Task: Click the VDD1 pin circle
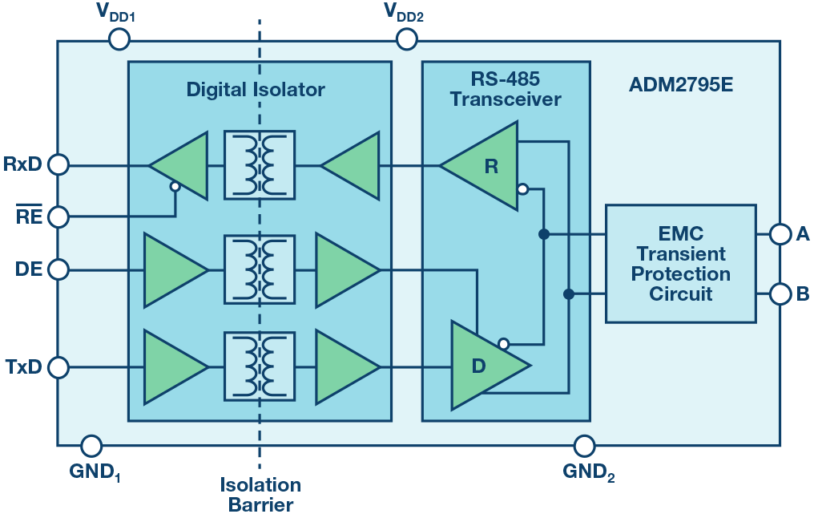pos(119,38)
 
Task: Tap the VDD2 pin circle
pos(407,38)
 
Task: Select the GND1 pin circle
pos(92,445)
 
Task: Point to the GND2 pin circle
pos(585,445)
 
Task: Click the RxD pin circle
pos(58,165)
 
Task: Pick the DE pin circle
pos(58,269)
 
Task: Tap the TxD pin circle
pos(58,368)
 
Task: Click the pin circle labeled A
pos(780,233)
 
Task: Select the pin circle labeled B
pos(780,293)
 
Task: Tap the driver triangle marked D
pos(483,366)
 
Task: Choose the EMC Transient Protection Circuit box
pos(680,264)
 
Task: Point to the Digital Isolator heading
pos(256,89)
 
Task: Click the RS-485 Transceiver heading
pos(506,90)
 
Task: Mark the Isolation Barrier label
pos(260,494)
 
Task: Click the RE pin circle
pos(58,217)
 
